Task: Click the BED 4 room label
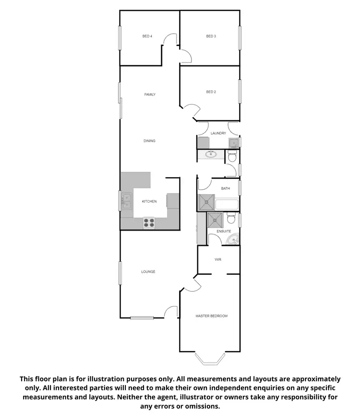click(147, 36)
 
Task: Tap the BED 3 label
click(211, 36)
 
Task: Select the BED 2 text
click(211, 92)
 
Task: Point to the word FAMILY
click(150, 95)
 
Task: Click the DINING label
click(149, 141)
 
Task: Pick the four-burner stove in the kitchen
click(149, 223)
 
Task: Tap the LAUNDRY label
click(218, 133)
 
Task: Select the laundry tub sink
click(233, 143)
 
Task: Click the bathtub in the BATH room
click(227, 204)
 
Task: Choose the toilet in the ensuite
click(230, 219)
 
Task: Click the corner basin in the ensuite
click(235, 240)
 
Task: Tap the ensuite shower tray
click(215, 220)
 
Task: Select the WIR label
click(217, 259)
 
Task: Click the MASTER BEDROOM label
click(211, 316)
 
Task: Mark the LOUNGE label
click(148, 272)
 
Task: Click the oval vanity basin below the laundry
click(210, 155)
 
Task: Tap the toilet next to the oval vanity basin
click(232, 157)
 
